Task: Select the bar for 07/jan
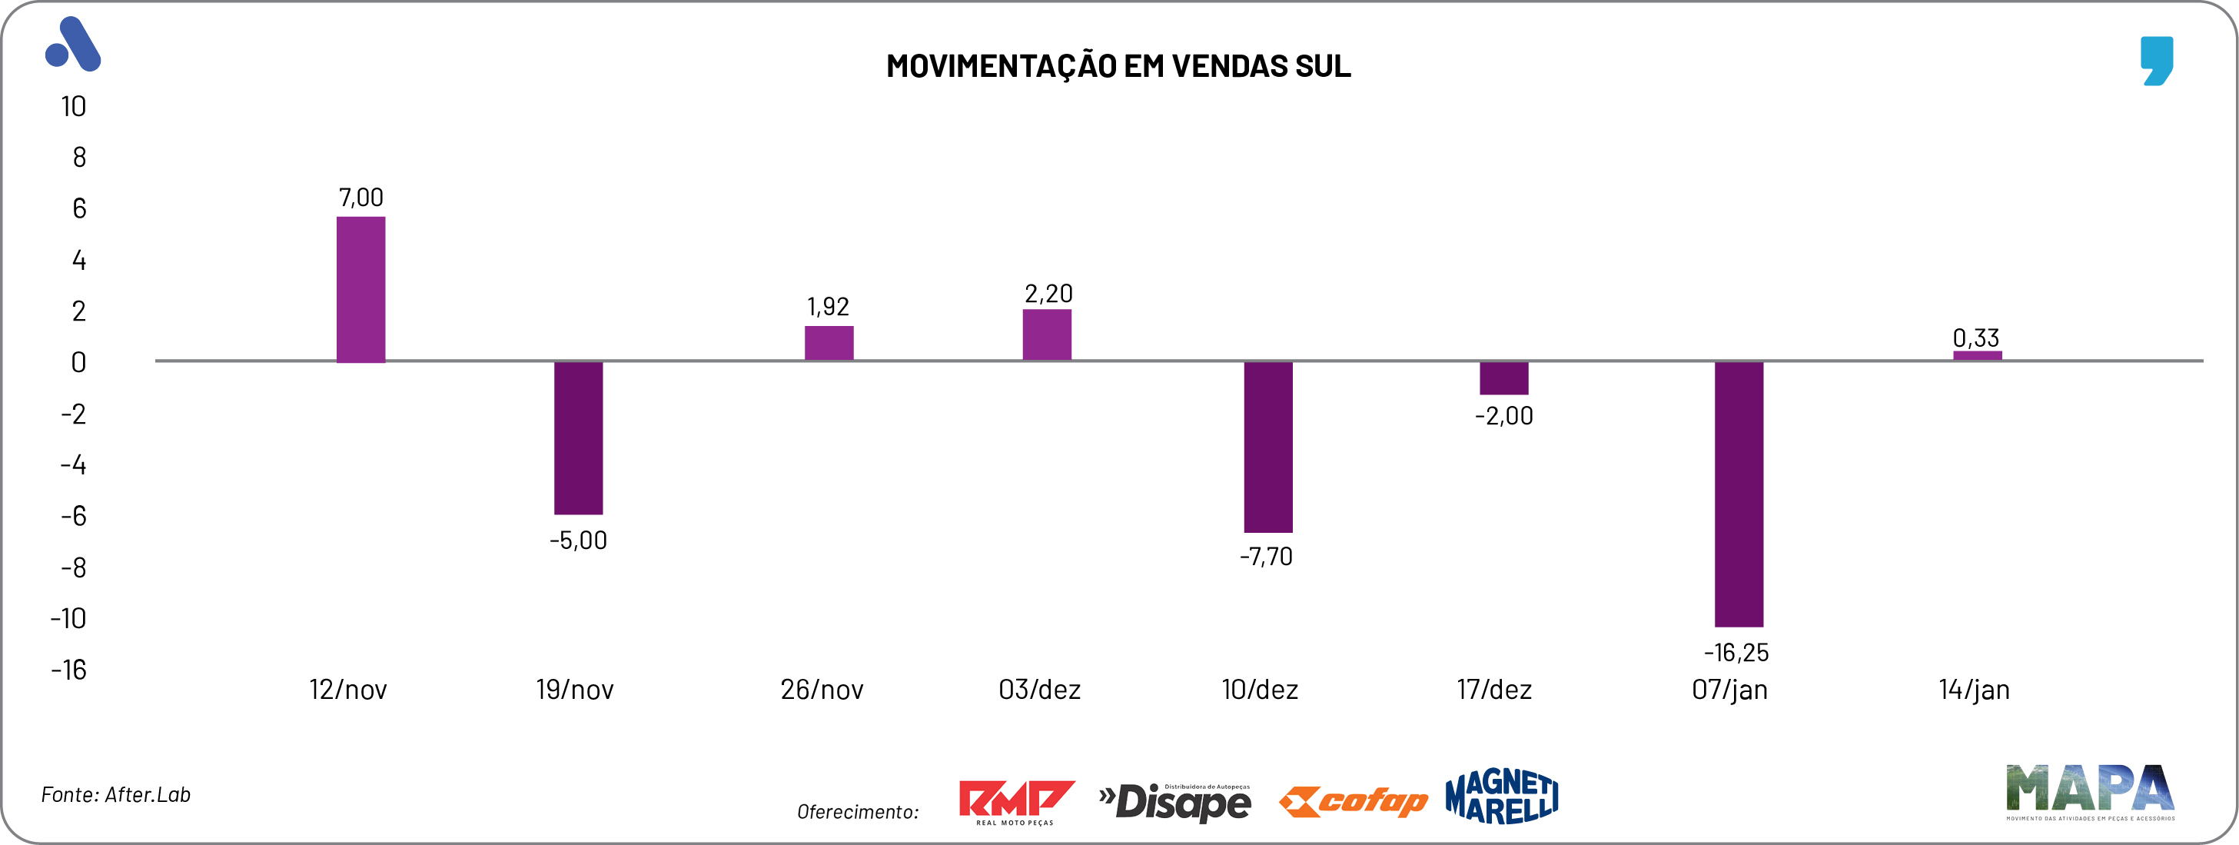point(1739,493)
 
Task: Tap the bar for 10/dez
point(1267,446)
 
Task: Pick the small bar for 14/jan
point(1978,355)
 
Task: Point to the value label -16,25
point(1736,652)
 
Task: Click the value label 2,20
point(1048,294)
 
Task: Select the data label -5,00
point(578,540)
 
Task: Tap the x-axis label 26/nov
point(822,690)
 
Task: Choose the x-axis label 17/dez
point(1494,690)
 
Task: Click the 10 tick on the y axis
point(73,106)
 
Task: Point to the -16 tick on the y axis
point(68,670)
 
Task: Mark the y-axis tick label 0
point(78,361)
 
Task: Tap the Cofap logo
point(1353,800)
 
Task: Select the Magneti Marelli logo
point(1501,797)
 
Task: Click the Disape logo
point(1175,800)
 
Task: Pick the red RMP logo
point(1015,800)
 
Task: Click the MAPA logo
point(2089,791)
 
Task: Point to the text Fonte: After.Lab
point(115,794)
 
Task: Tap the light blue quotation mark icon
point(2157,60)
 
